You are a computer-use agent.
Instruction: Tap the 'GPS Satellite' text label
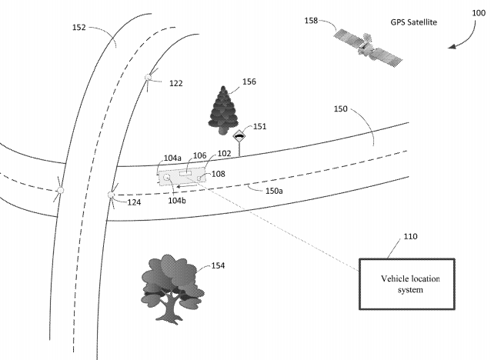(x=413, y=22)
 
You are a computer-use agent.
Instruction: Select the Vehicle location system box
(x=407, y=284)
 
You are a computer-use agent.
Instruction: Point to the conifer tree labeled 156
(x=223, y=110)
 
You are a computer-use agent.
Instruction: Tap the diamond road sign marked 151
(x=239, y=137)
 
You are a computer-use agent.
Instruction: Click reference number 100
(x=479, y=13)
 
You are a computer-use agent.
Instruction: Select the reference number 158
(x=311, y=21)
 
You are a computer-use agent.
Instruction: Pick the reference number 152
(x=79, y=28)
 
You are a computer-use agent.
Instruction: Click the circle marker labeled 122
(x=148, y=77)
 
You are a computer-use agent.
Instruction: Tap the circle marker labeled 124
(x=111, y=195)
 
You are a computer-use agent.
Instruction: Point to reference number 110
(x=410, y=236)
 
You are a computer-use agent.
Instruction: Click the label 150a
(x=274, y=191)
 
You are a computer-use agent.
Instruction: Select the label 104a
(x=172, y=158)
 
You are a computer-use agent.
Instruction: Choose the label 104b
(x=177, y=200)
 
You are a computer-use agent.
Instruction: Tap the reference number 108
(x=219, y=174)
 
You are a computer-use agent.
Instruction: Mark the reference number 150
(x=340, y=109)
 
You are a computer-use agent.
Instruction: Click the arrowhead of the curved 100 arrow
(x=452, y=47)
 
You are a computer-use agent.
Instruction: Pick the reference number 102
(x=224, y=153)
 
